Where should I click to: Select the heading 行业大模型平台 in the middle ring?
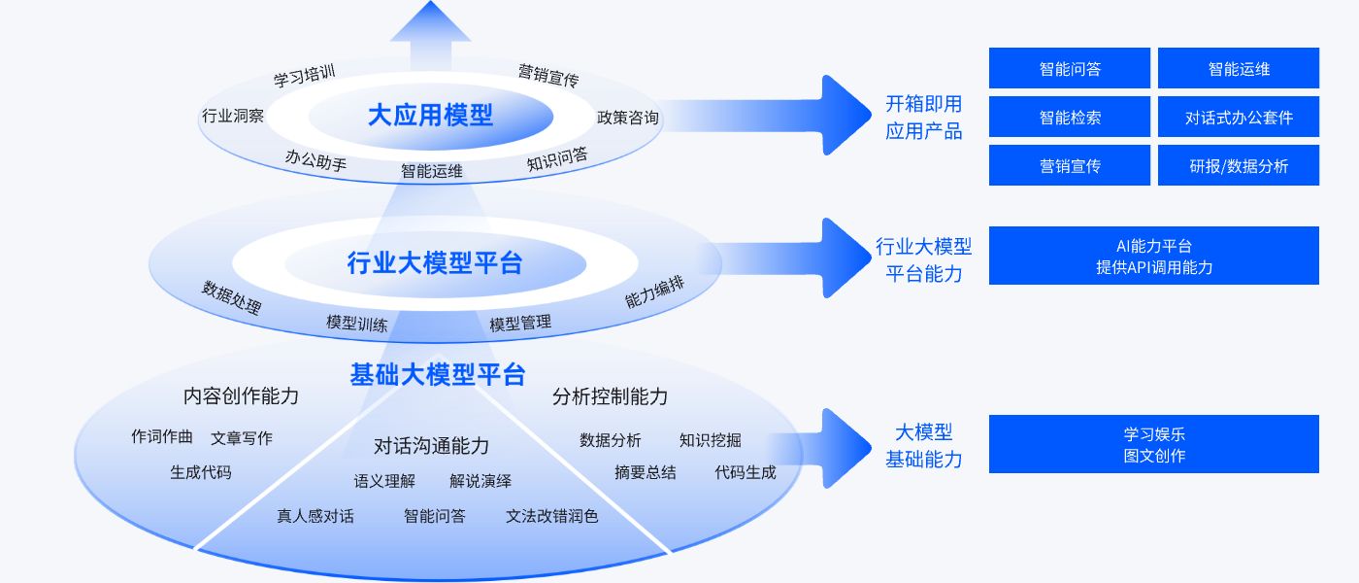pos(434,262)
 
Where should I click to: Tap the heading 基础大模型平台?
pos(438,374)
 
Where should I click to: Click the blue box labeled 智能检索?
pos(1069,117)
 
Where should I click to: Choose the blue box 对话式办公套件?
pos(1238,117)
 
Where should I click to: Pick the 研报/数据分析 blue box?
pos(1238,165)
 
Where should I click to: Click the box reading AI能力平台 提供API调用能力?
pos(1153,256)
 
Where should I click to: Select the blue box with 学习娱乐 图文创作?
pos(1153,444)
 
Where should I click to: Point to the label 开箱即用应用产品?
pos(923,117)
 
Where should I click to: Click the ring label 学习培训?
pos(304,75)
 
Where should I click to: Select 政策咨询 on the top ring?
pos(627,118)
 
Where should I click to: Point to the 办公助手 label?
pos(315,160)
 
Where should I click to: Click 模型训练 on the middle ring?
pos(357,323)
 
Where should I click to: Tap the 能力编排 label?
pos(654,292)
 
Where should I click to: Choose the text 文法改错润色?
pos(551,516)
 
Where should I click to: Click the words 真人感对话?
pos(315,516)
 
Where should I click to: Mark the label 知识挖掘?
pos(710,440)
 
